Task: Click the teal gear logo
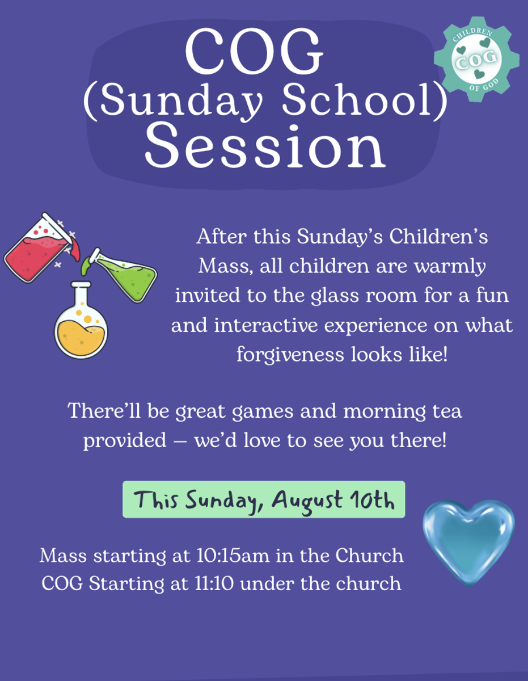(476, 59)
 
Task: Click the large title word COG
(254, 51)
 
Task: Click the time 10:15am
(233, 556)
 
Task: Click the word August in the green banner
(307, 501)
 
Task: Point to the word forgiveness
(290, 355)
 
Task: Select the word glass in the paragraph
(335, 296)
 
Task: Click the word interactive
(266, 325)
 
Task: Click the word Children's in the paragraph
(438, 236)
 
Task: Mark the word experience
(375, 326)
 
